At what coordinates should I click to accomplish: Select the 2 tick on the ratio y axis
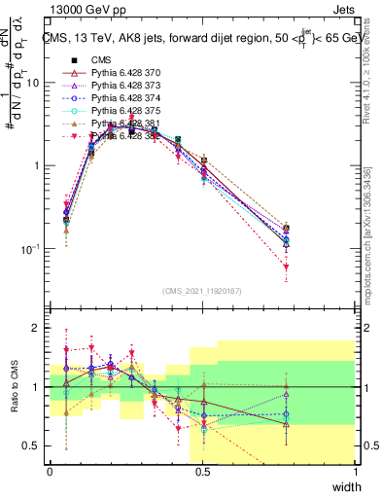pyautogui.click(x=39, y=329)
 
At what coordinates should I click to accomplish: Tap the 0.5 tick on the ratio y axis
pyautogui.click(x=34, y=445)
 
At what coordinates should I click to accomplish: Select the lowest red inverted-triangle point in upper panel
pyautogui.click(x=286, y=267)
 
